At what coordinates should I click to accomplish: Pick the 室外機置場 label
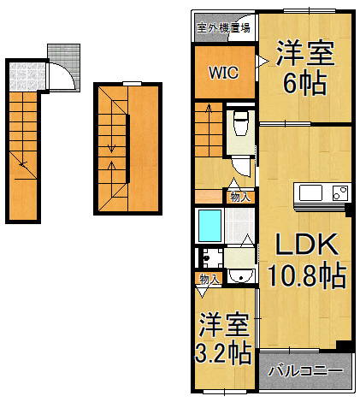click(x=223, y=27)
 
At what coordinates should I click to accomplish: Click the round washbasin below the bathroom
click(x=242, y=274)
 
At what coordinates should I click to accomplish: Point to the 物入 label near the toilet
click(x=240, y=197)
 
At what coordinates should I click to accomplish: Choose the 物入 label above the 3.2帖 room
click(x=210, y=279)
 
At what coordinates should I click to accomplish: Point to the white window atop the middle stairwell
click(x=127, y=83)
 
